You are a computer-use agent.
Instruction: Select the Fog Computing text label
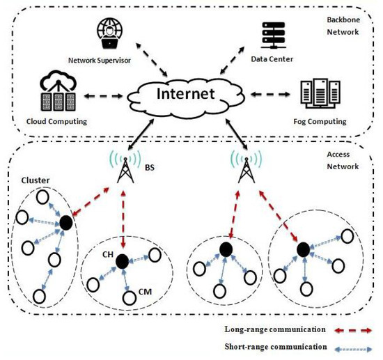click(x=320, y=121)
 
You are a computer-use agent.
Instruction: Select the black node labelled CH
click(x=123, y=261)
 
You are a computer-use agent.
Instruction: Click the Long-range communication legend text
click(x=274, y=328)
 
